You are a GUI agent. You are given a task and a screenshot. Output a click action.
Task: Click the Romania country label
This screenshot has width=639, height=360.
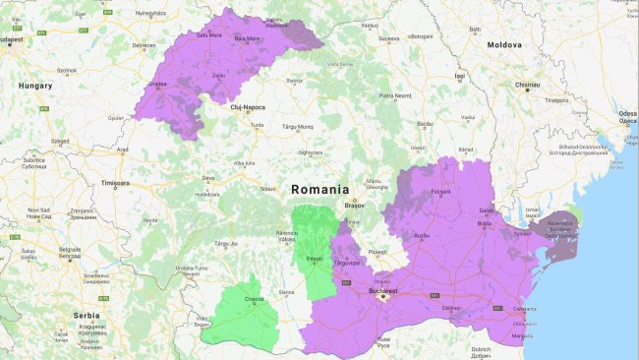(x=319, y=188)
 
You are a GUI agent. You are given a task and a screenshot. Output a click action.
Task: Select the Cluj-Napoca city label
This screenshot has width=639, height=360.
(x=248, y=106)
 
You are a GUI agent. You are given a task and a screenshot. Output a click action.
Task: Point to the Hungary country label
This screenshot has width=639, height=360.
(x=35, y=87)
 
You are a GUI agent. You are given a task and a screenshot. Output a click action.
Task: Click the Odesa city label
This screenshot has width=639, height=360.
(x=626, y=114)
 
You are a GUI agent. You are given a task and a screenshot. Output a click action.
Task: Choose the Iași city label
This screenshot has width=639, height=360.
(x=458, y=76)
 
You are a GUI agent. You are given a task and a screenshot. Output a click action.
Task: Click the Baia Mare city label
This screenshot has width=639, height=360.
(x=247, y=38)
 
